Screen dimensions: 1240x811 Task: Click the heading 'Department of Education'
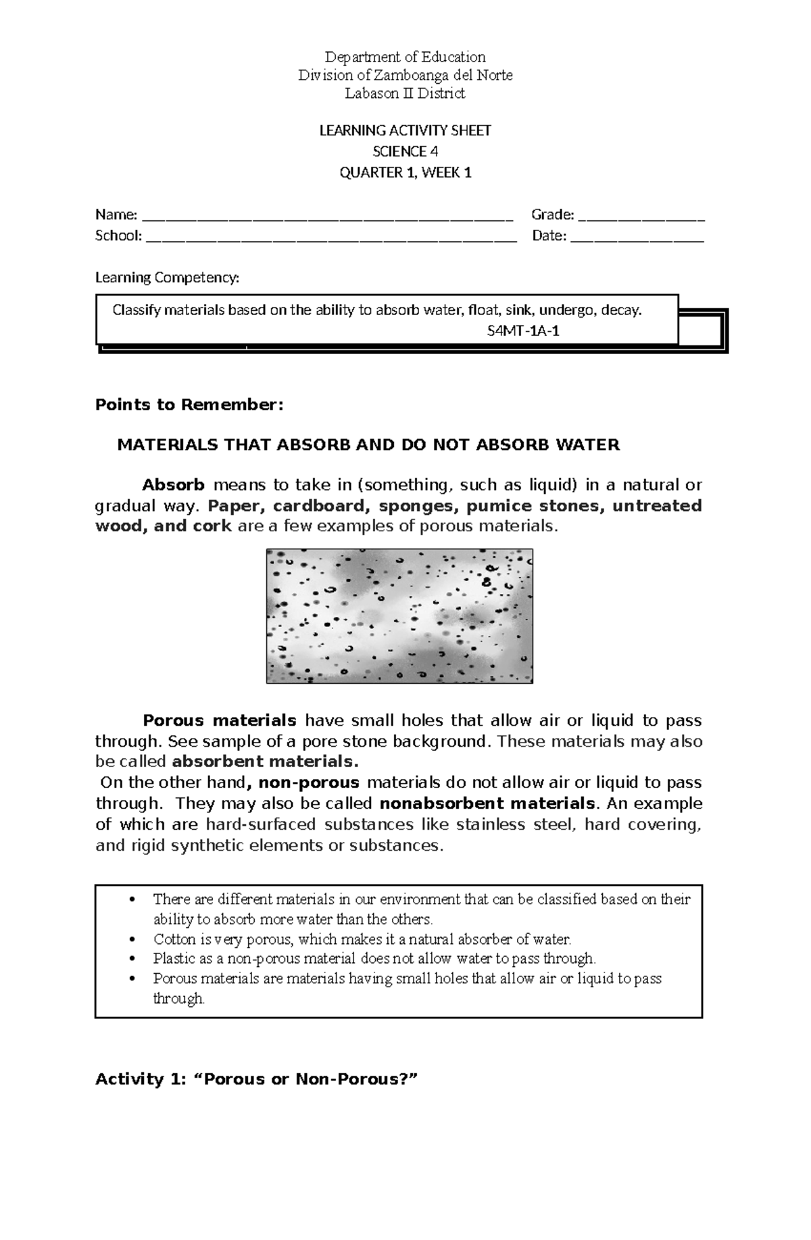[405, 57]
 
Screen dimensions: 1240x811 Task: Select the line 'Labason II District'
[405, 93]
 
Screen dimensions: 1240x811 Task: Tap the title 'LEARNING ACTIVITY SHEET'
[405, 130]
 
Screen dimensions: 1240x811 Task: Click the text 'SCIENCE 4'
[405, 151]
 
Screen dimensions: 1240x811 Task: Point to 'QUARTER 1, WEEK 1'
[405, 172]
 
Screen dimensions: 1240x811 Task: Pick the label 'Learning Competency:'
[167, 277]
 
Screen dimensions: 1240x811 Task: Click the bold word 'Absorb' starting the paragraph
[173, 485]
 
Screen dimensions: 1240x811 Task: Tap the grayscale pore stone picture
[399, 616]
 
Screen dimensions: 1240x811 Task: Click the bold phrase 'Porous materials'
[220, 720]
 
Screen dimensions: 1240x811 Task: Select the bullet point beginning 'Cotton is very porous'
[362, 939]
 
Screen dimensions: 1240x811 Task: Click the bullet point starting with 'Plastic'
[374, 958]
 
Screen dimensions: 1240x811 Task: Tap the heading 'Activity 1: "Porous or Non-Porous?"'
[257, 1078]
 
